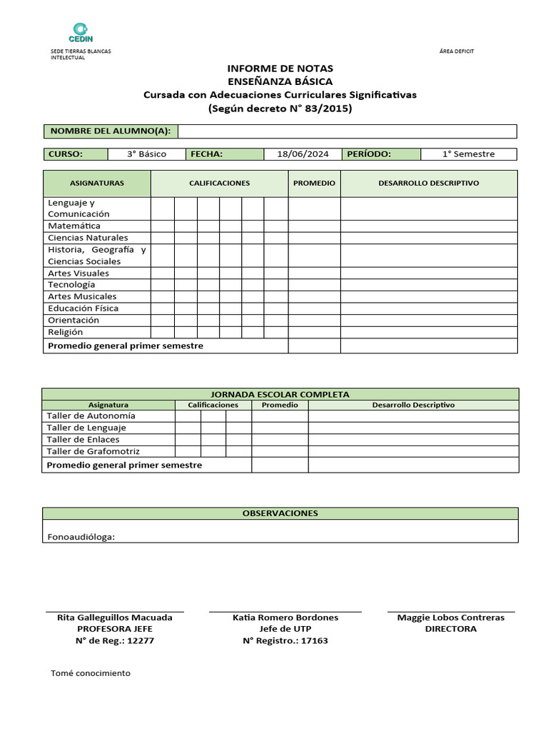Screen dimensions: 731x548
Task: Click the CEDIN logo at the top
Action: [x=80, y=32]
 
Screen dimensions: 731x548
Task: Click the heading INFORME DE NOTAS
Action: [x=280, y=69]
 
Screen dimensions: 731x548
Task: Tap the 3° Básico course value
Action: [x=146, y=154]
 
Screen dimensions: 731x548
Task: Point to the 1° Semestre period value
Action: [x=468, y=154]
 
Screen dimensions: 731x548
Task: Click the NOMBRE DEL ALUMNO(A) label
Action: [x=110, y=131]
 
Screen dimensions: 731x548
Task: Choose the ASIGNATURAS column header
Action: [x=96, y=183]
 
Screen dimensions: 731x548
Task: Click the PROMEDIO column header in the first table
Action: [x=314, y=183]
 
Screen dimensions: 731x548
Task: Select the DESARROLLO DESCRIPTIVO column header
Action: [x=428, y=183]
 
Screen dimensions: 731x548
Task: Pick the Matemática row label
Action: [x=74, y=226]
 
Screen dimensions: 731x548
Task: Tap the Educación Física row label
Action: [x=83, y=308]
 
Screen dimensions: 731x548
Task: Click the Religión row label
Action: [x=65, y=332]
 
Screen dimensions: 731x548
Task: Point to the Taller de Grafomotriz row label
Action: [x=93, y=452]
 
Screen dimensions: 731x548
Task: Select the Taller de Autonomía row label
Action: [x=91, y=415]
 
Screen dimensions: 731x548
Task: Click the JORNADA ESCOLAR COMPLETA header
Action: [x=280, y=394]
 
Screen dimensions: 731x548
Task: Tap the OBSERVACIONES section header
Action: [x=280, y=513]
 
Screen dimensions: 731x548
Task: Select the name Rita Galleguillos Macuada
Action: [x=114, y=617]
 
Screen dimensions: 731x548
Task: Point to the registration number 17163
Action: [x=315, y=641]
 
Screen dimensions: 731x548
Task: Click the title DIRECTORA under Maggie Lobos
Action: [x=450, y=629]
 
